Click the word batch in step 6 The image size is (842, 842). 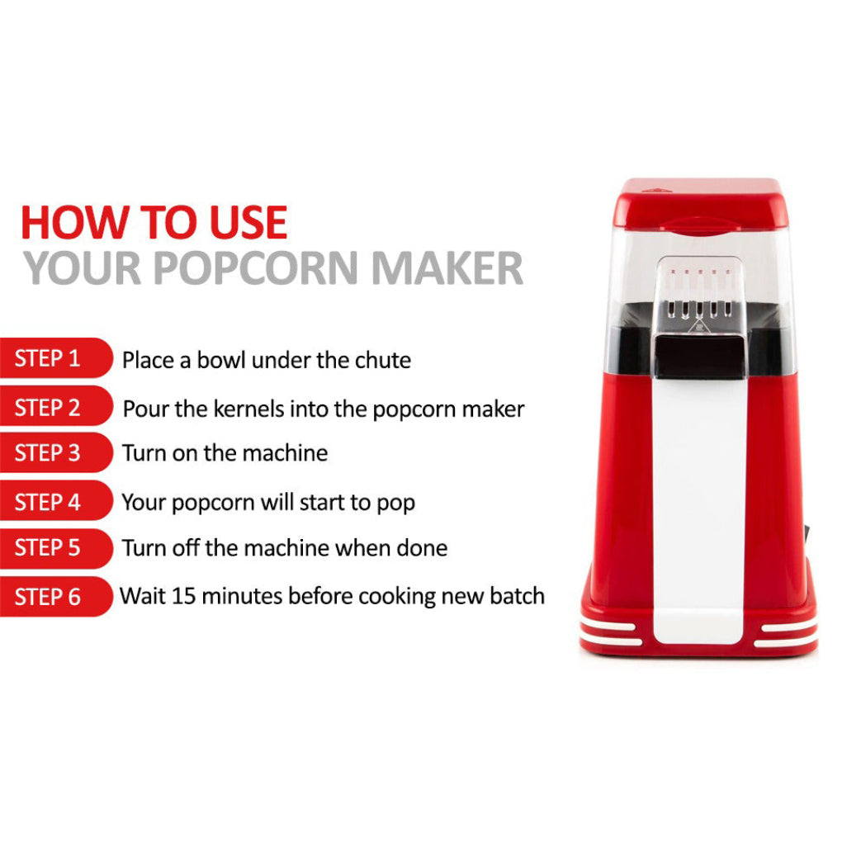[x=517, y=596]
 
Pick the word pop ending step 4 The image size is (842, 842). [x=396, y=504]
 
